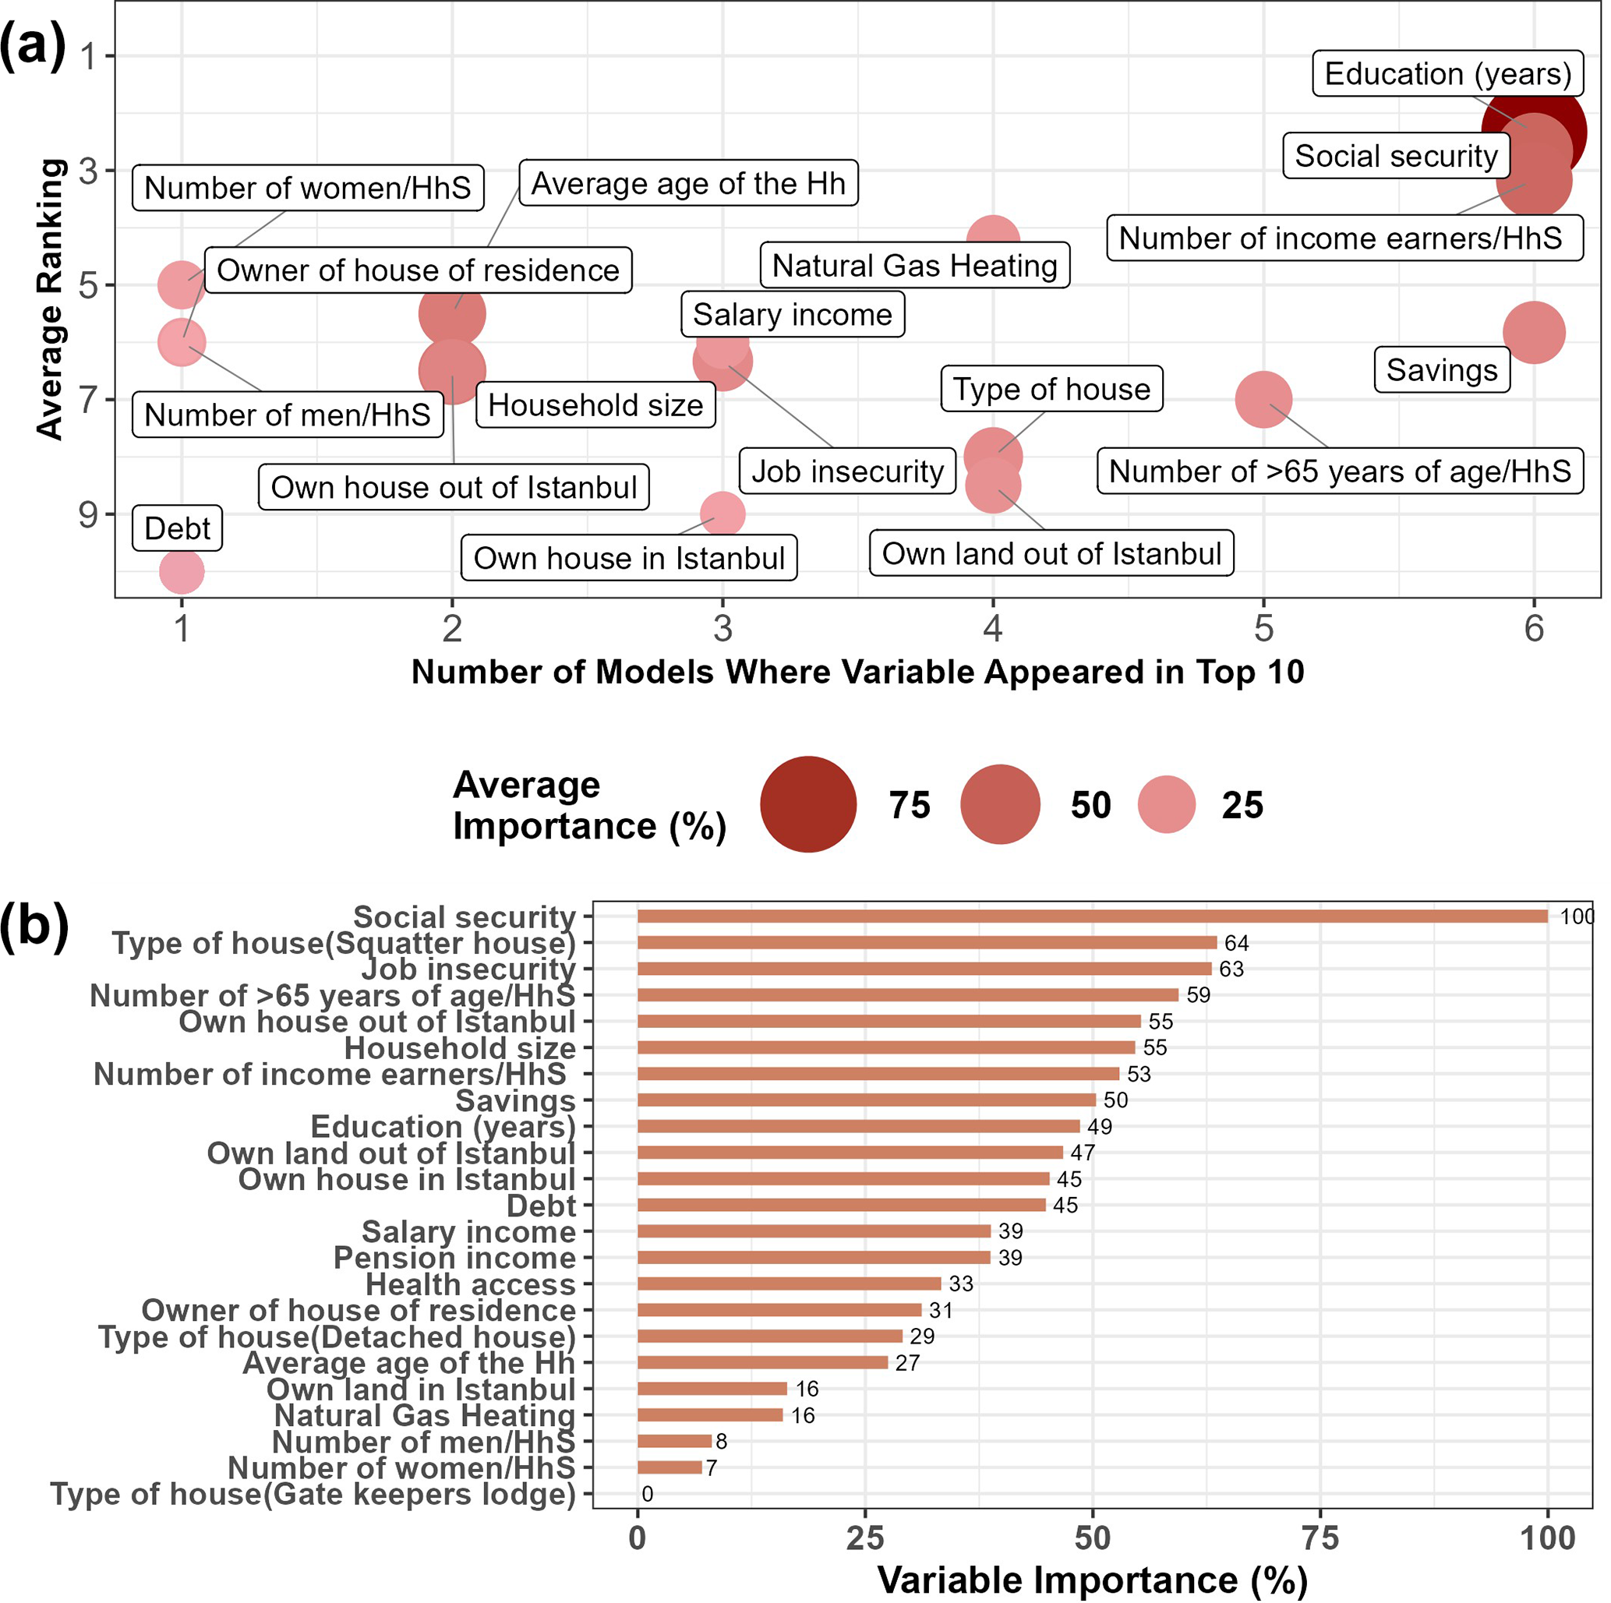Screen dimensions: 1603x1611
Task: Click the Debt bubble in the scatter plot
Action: pos(182,572)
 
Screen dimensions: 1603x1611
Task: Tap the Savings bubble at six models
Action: pos(1534,333)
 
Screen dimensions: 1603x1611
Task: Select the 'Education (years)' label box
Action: pos(1447,73)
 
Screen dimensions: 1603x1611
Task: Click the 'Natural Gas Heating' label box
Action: pos(914,265)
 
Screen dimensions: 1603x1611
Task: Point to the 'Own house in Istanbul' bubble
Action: pos(722,514)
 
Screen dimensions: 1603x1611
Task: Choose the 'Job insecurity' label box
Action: pos(847,471)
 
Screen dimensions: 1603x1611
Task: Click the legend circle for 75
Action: pos(808,804)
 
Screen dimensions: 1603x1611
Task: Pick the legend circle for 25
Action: pos(1167,804)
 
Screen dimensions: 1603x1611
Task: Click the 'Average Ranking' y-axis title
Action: pos(50,298)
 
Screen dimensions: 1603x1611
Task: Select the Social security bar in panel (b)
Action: pos(1093,916)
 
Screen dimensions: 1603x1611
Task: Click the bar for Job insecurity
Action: pos(924,969)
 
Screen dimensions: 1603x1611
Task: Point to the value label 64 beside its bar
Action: pos(1236,943)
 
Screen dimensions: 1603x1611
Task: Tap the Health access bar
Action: pos(789,1283)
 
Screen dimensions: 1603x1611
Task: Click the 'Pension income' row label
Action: pos(454,1257)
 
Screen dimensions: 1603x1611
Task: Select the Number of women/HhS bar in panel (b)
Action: pos(669,1467)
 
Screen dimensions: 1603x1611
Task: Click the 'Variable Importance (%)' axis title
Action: pos(1093,1580)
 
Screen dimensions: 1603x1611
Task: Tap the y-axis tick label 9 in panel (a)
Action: pos(88,514)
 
